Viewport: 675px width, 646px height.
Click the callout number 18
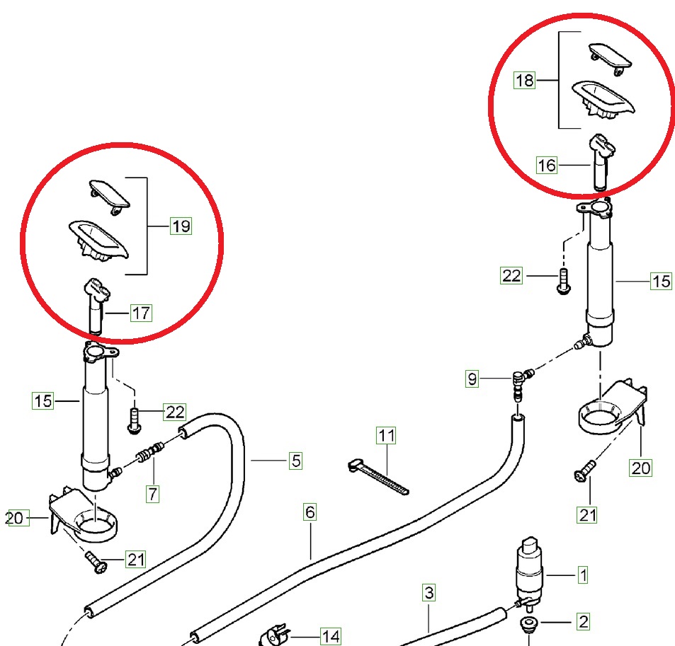tap(524, 81)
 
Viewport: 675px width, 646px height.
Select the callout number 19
tap(181, 226)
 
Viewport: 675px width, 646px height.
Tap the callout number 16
tap(547, 165)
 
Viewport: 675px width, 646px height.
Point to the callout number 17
tap(141, 313)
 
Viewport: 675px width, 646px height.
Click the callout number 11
tap(387, 435)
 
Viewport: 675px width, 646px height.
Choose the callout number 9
tap(472, 379)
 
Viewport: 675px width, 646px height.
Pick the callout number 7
tap(153, 493)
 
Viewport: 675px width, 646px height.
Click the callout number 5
tap(296, 461)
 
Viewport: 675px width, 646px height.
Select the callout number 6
tap(310, 512)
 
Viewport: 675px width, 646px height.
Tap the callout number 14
tap(331, 637)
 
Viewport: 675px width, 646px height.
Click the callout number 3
tap(429, 592)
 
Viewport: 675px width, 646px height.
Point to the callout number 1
tap(583, 575)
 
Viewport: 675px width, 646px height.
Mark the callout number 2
tap(584, 621)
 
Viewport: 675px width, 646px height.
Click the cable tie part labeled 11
tap(378, 477)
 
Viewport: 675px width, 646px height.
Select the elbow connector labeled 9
tap(521, 383)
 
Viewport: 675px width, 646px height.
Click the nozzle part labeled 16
tap(602, 162)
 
